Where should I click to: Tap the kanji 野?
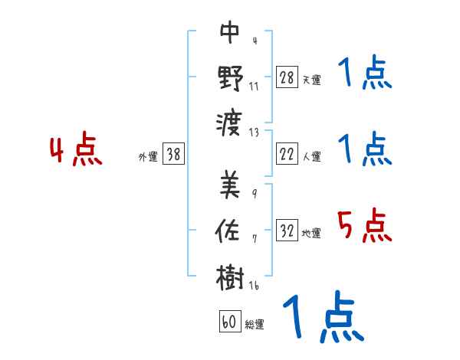pyautogui.click(x=231, y=79)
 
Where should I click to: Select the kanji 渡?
pyautogui.click(x=231, y=123)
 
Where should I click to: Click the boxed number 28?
pyautogui.click(x=287, y=78)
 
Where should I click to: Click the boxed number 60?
pyautogui.click(x=228, y=322)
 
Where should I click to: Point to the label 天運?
pyautogui.click(x=311, y=80)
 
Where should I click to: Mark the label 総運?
pyautogui.click(x=254, y=324)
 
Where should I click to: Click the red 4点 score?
pyautogui.click(x=76, y=152)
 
